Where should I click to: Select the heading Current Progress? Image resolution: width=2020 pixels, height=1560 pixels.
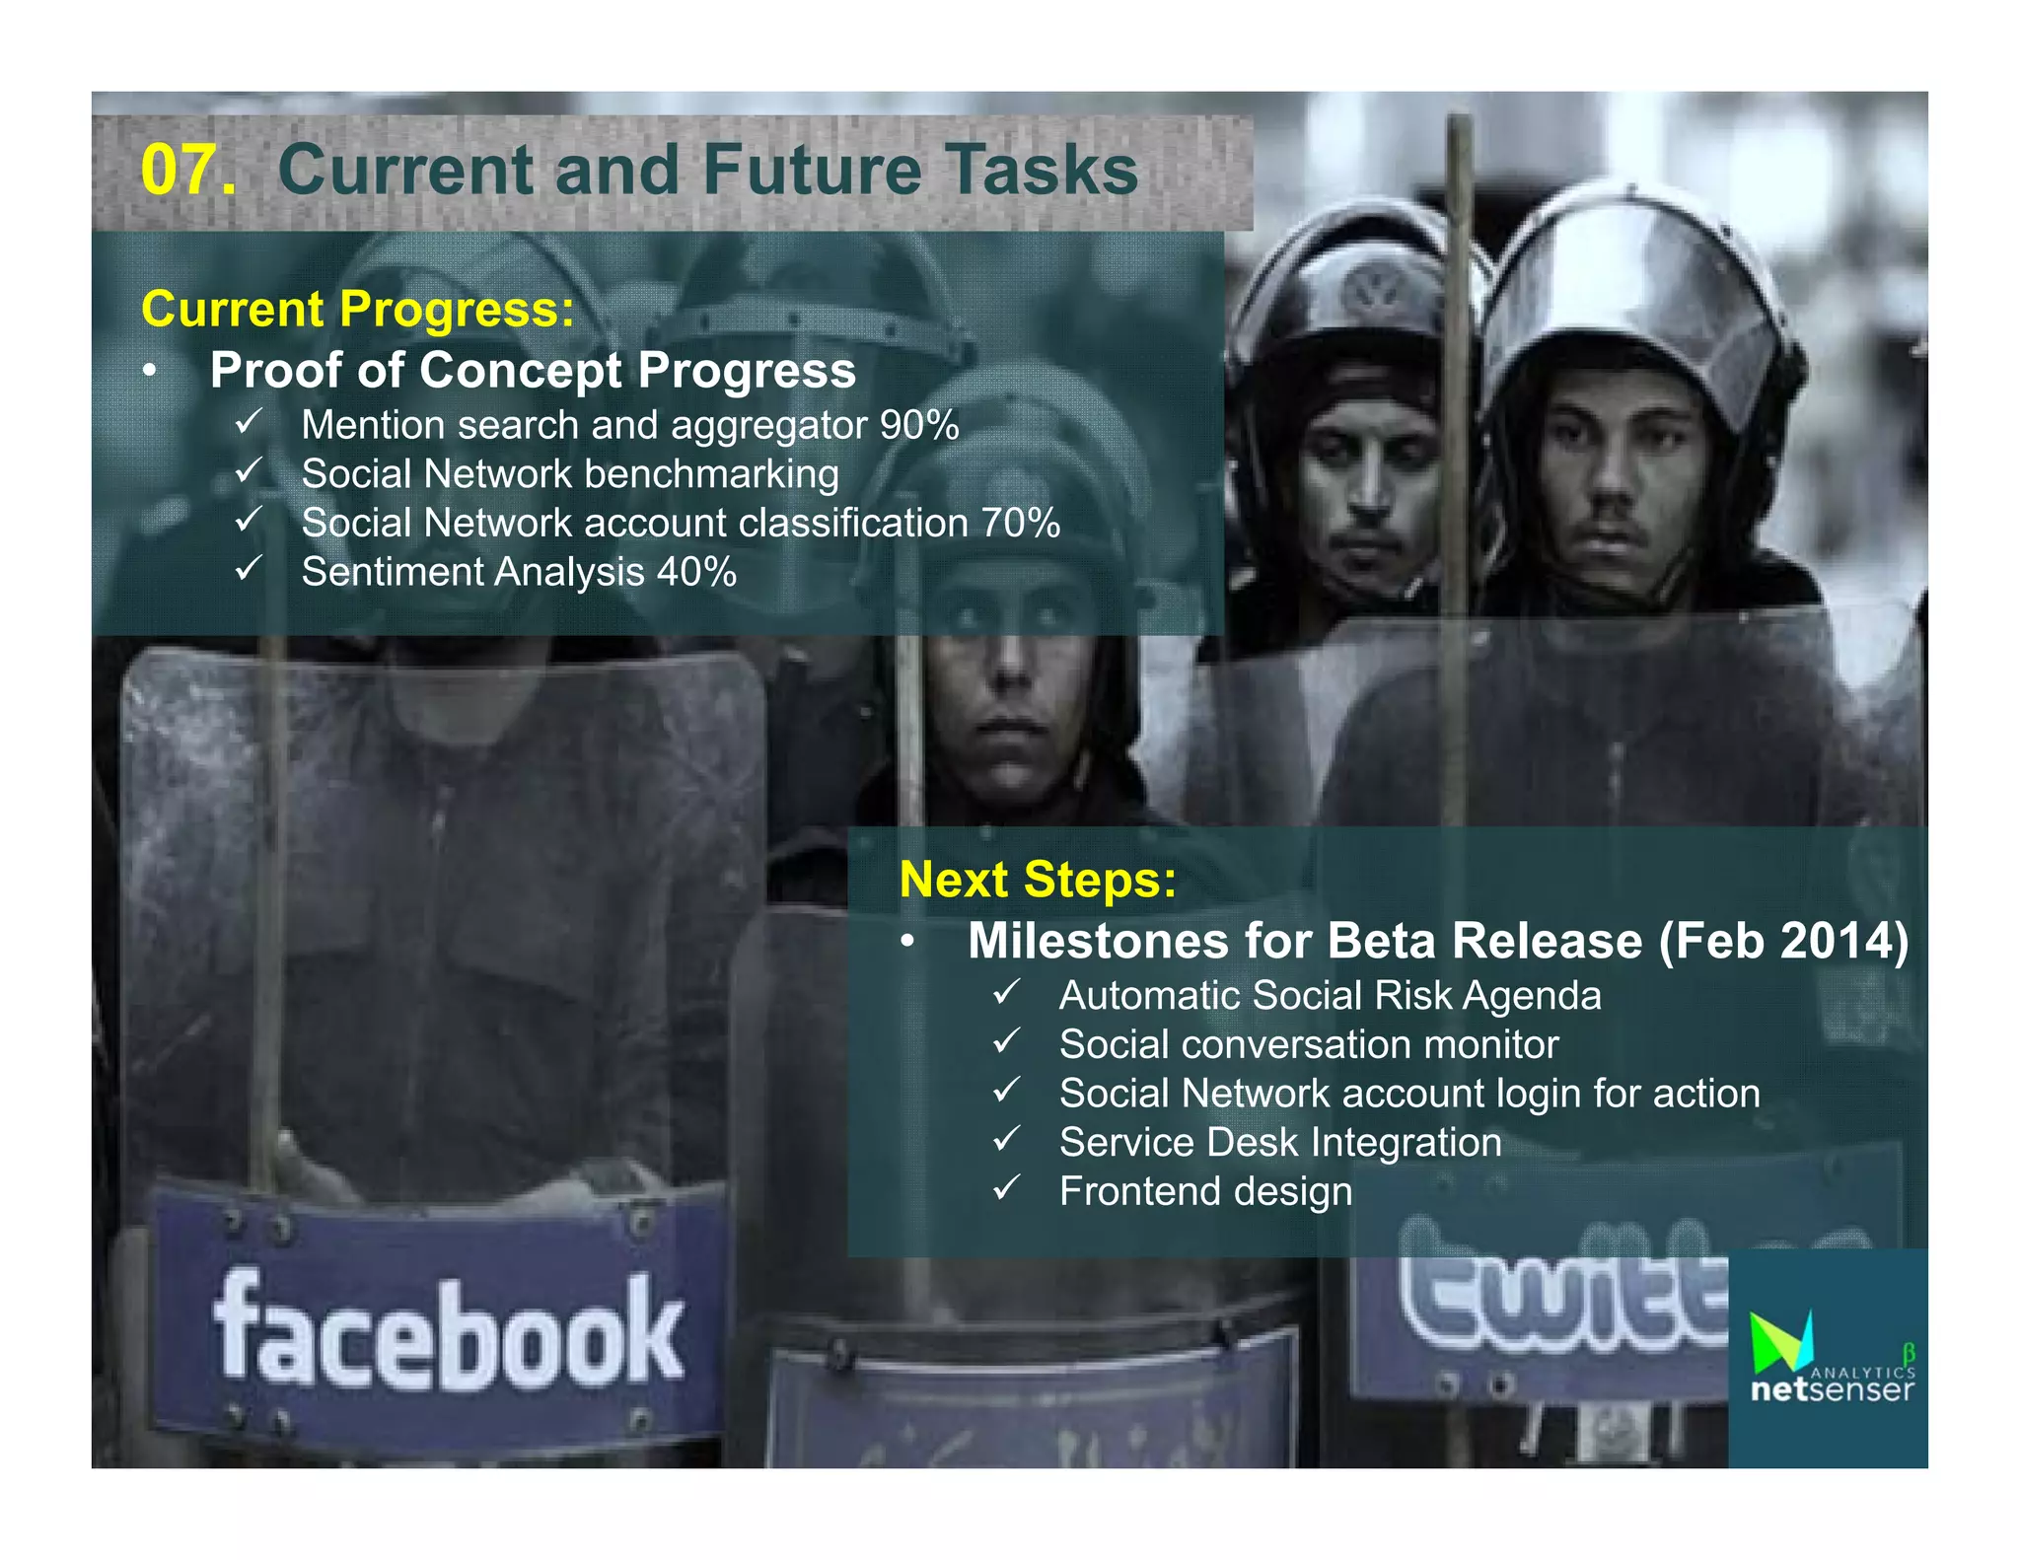coord(357,309)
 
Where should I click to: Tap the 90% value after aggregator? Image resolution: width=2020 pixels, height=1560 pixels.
coord(919,425)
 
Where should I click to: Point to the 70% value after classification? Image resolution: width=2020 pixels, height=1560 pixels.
coord(1020,523)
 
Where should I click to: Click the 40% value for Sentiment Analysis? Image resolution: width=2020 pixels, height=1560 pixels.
coord(696,572)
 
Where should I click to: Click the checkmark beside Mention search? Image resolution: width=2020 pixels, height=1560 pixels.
coord(249,422)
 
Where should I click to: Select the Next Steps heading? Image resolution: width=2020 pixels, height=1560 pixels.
coord(1038,879)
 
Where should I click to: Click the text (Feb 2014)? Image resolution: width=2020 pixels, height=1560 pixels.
coord(1784,941)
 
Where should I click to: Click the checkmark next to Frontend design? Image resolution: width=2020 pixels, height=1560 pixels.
coord(1006,1188)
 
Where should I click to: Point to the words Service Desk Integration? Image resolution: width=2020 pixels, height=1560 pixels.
coord(1280,1143)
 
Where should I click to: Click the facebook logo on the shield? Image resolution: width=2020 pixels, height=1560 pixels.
coord(449,1331)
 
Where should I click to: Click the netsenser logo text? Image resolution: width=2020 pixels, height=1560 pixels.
coord(1831,1389)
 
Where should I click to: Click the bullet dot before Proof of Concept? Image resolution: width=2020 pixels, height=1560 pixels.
coord(149,372)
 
